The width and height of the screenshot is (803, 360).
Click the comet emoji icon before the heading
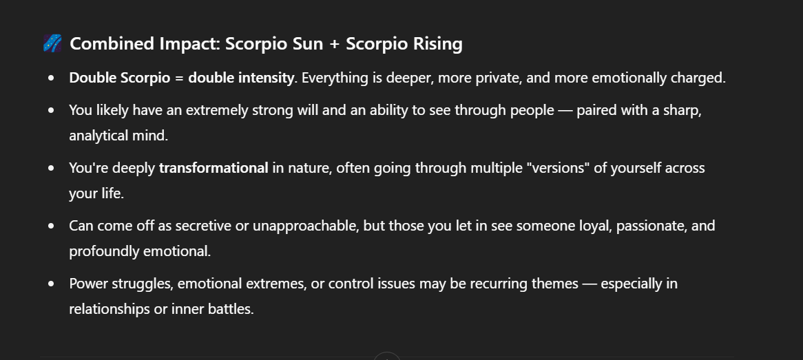[x=52, y=43]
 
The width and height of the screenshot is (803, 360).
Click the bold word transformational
[x=213, y=168]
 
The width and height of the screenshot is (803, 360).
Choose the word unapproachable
[x=304, y=226]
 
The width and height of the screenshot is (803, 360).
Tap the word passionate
[x=651, y=226]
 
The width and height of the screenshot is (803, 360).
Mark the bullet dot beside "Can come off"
[x=51, y=226]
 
